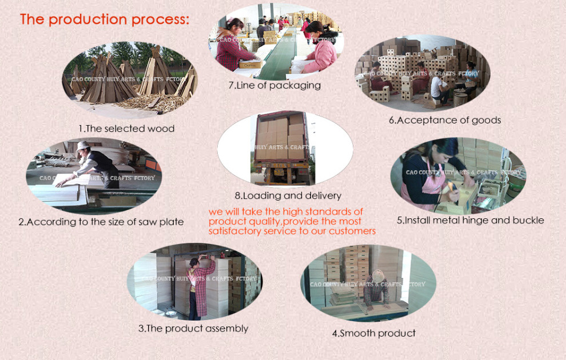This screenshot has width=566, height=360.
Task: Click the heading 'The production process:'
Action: click(x=105, y=19)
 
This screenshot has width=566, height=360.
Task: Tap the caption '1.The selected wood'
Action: click(x=126, y=129)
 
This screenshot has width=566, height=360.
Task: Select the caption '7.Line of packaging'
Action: click(x=274, y=86)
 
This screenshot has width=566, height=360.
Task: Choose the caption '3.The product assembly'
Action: click(x=193, y=329)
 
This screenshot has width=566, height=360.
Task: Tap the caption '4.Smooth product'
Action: click(x=373, y=333)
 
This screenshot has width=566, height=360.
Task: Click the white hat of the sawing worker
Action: click(x=83, y=145)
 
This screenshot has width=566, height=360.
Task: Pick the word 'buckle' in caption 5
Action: click(x=528, y=220)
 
